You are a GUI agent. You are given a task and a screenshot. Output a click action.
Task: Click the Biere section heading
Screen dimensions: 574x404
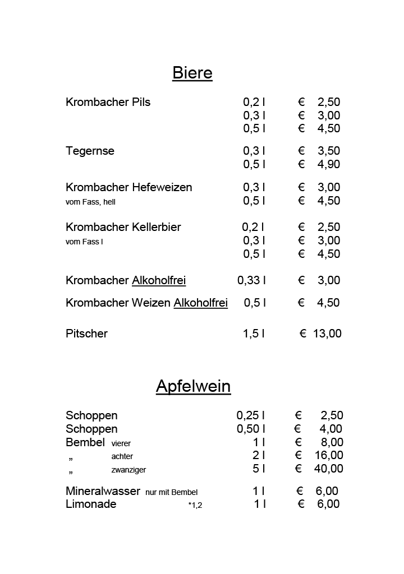(192, 73)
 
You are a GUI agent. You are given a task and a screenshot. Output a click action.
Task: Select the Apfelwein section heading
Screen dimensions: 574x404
(193, 386)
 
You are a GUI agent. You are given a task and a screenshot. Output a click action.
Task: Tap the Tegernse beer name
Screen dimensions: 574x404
(90, 151)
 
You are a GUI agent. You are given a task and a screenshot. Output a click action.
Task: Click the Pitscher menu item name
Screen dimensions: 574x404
(86, 334)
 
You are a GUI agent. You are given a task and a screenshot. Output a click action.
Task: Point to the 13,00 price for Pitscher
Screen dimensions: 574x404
(327, 334)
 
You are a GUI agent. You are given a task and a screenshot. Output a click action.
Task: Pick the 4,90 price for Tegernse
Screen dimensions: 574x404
(328, 164)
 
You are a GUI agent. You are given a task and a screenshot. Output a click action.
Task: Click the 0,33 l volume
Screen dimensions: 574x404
(251, 280)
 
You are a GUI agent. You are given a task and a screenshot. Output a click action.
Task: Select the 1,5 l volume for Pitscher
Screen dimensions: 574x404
(253, 334)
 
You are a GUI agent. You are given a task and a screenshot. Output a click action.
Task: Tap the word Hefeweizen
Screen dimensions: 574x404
(162, 187)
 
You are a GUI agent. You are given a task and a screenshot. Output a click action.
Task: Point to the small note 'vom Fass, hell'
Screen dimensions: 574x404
(90, 202)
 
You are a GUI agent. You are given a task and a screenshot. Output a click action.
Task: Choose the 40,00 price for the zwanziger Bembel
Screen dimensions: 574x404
(328, 469)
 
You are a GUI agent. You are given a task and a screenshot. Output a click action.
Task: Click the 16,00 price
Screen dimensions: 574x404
(328, 455)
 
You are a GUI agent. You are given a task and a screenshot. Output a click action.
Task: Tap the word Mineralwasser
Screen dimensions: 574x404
(103, 491)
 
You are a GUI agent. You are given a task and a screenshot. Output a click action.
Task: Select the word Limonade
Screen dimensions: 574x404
(91, 504)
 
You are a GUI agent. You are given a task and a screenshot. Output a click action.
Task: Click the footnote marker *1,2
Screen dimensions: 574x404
(195, 506)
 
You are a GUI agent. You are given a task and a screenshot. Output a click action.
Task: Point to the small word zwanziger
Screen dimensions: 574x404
(128, 470)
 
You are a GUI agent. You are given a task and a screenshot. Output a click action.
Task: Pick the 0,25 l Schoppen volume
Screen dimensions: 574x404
(250, 415)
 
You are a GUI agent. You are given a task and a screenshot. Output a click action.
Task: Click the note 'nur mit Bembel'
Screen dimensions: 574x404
(171, 492)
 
